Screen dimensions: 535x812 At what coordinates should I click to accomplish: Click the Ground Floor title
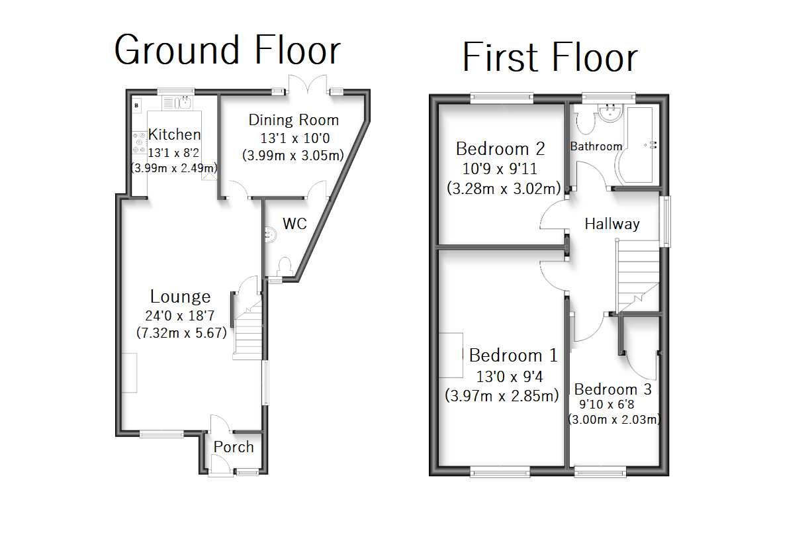pyautogui.click(x=227, y=50)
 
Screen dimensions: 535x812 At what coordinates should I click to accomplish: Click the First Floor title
pyautogui.click(x=549, y=58)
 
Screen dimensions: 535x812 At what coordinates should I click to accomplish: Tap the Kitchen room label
pyautogui.click(x=174, y=134)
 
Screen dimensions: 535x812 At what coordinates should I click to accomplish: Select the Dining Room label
pyautogui.click(x=293, y=120)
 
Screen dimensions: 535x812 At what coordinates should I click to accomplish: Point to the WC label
pyautogui.click(x=295, y=224)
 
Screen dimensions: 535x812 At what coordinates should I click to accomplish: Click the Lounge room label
pyautogui.click(x=180, y=297)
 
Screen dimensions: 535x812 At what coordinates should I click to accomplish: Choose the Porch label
pyautogui.click(x=234, y=447)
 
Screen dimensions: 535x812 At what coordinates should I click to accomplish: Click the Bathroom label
pyautogui.click(x=596, y=146)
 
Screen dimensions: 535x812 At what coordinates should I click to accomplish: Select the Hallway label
pyautogui.click(x=612, y=224)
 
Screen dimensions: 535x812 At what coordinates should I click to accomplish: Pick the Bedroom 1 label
pyautogui.click(x=513, y=356)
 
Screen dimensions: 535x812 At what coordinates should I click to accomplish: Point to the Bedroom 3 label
pyautogui.click(x=613, y=389)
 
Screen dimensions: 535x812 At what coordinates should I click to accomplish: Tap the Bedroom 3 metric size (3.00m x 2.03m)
pyautogui.click(x=615, y=419)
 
